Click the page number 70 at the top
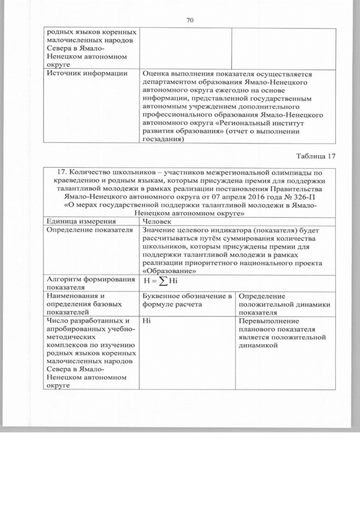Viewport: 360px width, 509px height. tap(190, 21)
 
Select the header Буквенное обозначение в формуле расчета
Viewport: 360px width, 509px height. tap(186, 300)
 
